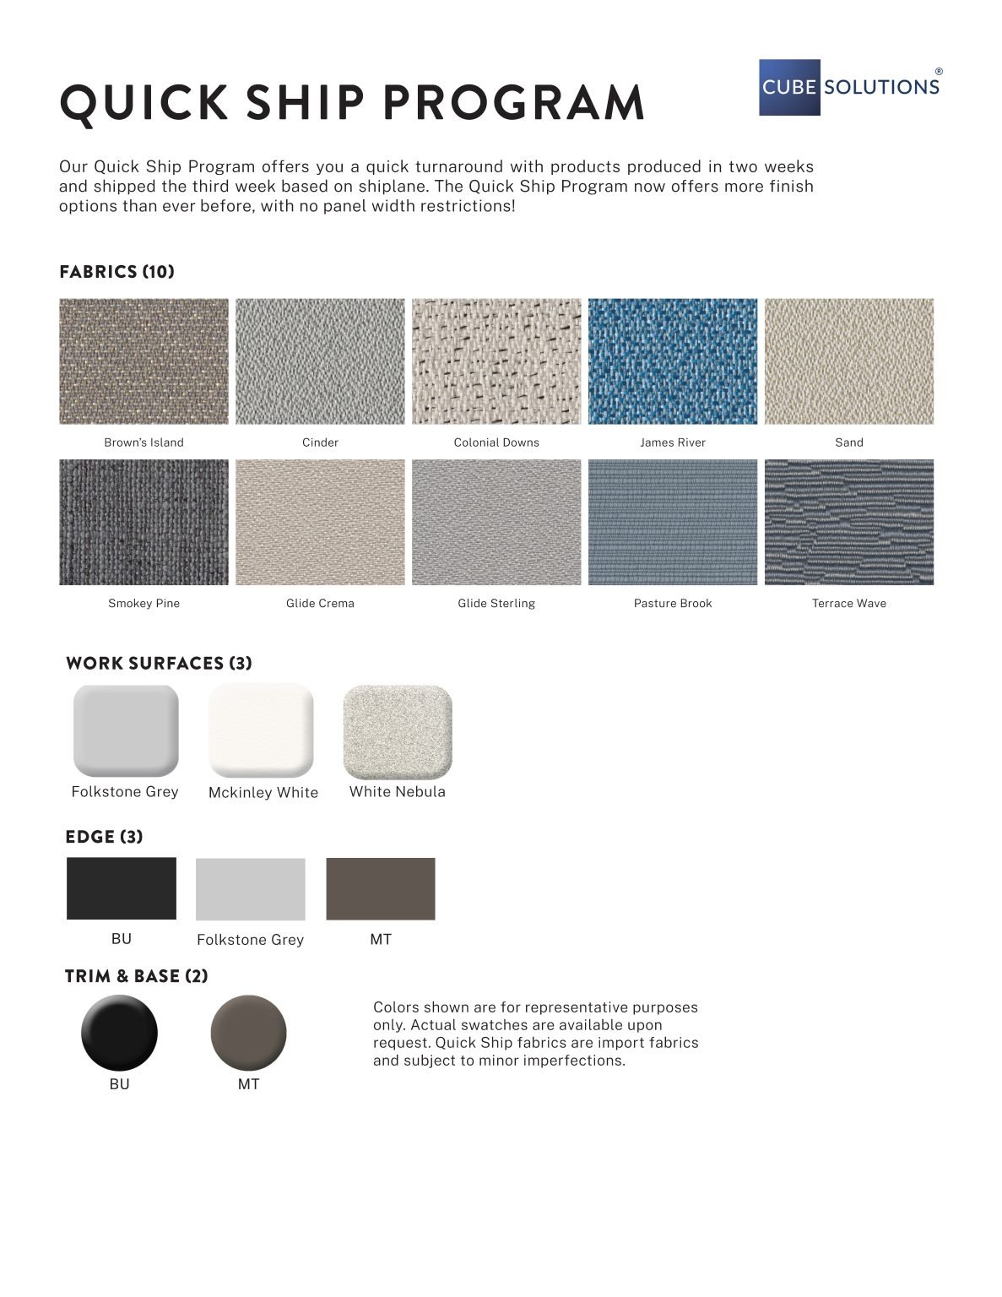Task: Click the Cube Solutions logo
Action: tap(849, 87)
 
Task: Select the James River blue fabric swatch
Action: tap(672, 361)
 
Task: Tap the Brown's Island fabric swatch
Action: tap(144, 361)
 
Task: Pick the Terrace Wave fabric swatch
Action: tap(848, 522)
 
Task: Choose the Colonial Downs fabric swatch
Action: tap(496, 361)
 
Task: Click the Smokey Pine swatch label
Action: tap(144, 603)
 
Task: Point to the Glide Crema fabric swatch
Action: tap(320, 522)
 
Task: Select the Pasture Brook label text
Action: tap(672, 603)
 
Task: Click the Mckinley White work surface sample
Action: tap(261, 730)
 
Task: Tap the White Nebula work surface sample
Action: tap(398, 731)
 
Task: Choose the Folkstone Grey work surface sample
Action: tap(126, 730)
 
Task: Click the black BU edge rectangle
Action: tap(122, 888)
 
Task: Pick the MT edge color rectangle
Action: tap(381, 888)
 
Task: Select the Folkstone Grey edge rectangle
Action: tap(250, 889)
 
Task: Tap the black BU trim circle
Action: tap(119, 1033)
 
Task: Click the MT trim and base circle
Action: tap(248, 1033)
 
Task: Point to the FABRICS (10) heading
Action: tap(116, 272)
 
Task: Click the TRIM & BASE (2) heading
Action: tap(136, 976)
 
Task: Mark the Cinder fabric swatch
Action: tap(320, 361)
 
